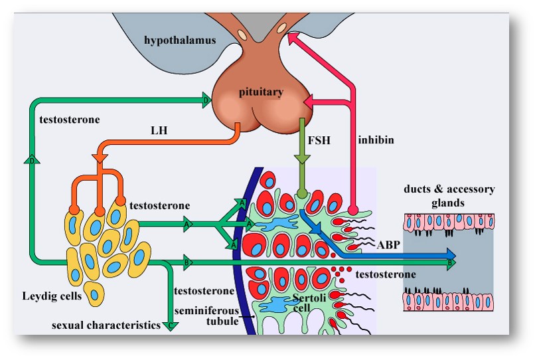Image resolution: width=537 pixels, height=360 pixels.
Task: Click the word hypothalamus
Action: (181, 41)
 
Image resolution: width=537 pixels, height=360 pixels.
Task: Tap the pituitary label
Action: (261, 92)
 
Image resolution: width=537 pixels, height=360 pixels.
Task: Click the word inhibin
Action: (376, 141)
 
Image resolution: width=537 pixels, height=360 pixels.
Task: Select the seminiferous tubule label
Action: (204, 317)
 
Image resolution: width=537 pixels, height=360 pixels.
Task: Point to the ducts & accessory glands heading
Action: (449, 196)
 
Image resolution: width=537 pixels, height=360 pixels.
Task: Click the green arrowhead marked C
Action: (171, 325)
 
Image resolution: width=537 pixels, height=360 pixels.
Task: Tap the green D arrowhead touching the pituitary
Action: (206, 101)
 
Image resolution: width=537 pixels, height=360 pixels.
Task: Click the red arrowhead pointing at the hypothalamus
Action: (292, 41)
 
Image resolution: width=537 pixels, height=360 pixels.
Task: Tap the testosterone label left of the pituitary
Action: (70, 120)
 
